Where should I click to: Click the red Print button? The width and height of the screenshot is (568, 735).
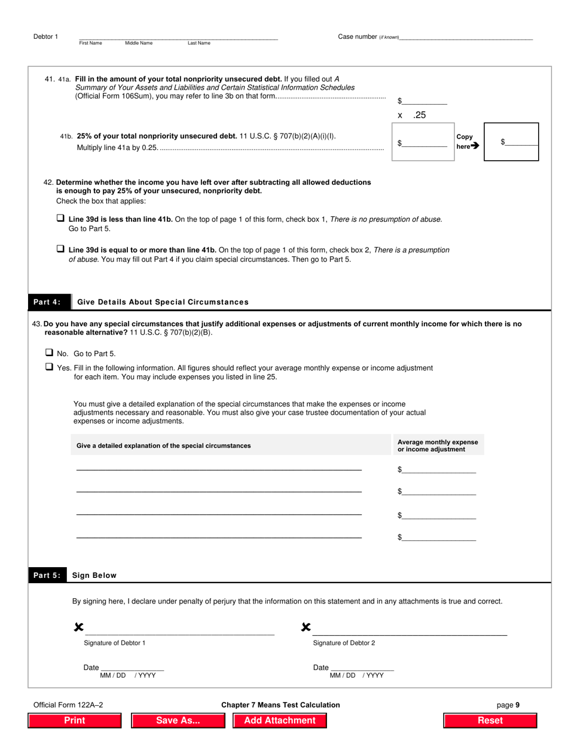(x=75, y=720)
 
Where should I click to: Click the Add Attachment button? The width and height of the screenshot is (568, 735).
(x=279, y=720)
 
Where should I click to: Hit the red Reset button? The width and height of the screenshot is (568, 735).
(x=490, y=720)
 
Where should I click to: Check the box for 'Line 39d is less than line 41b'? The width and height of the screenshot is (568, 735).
(x=60, y=219)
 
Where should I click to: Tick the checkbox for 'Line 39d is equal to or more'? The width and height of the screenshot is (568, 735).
(x=60, y=249)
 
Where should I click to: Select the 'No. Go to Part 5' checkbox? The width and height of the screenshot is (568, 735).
(x=50, y=353)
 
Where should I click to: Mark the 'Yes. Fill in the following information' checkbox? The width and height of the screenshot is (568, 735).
(x=50, y=367)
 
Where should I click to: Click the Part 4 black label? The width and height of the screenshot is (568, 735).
(x=47, y=302)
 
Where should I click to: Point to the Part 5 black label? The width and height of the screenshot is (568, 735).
(x=46, y=575)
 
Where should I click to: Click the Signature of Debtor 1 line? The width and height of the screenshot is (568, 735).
(x=179, y=629)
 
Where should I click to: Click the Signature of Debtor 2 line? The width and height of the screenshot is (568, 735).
(x=410, y=629)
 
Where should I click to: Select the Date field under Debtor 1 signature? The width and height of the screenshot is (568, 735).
(x=132, y=667)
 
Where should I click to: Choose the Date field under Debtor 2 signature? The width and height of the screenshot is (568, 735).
(x=362, y=667)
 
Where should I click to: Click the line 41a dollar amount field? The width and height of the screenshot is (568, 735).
(x=425, y=100)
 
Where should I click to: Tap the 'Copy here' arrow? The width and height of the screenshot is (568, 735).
(x=475, y=145)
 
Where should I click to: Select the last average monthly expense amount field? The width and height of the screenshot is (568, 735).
(x=439, y=537)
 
